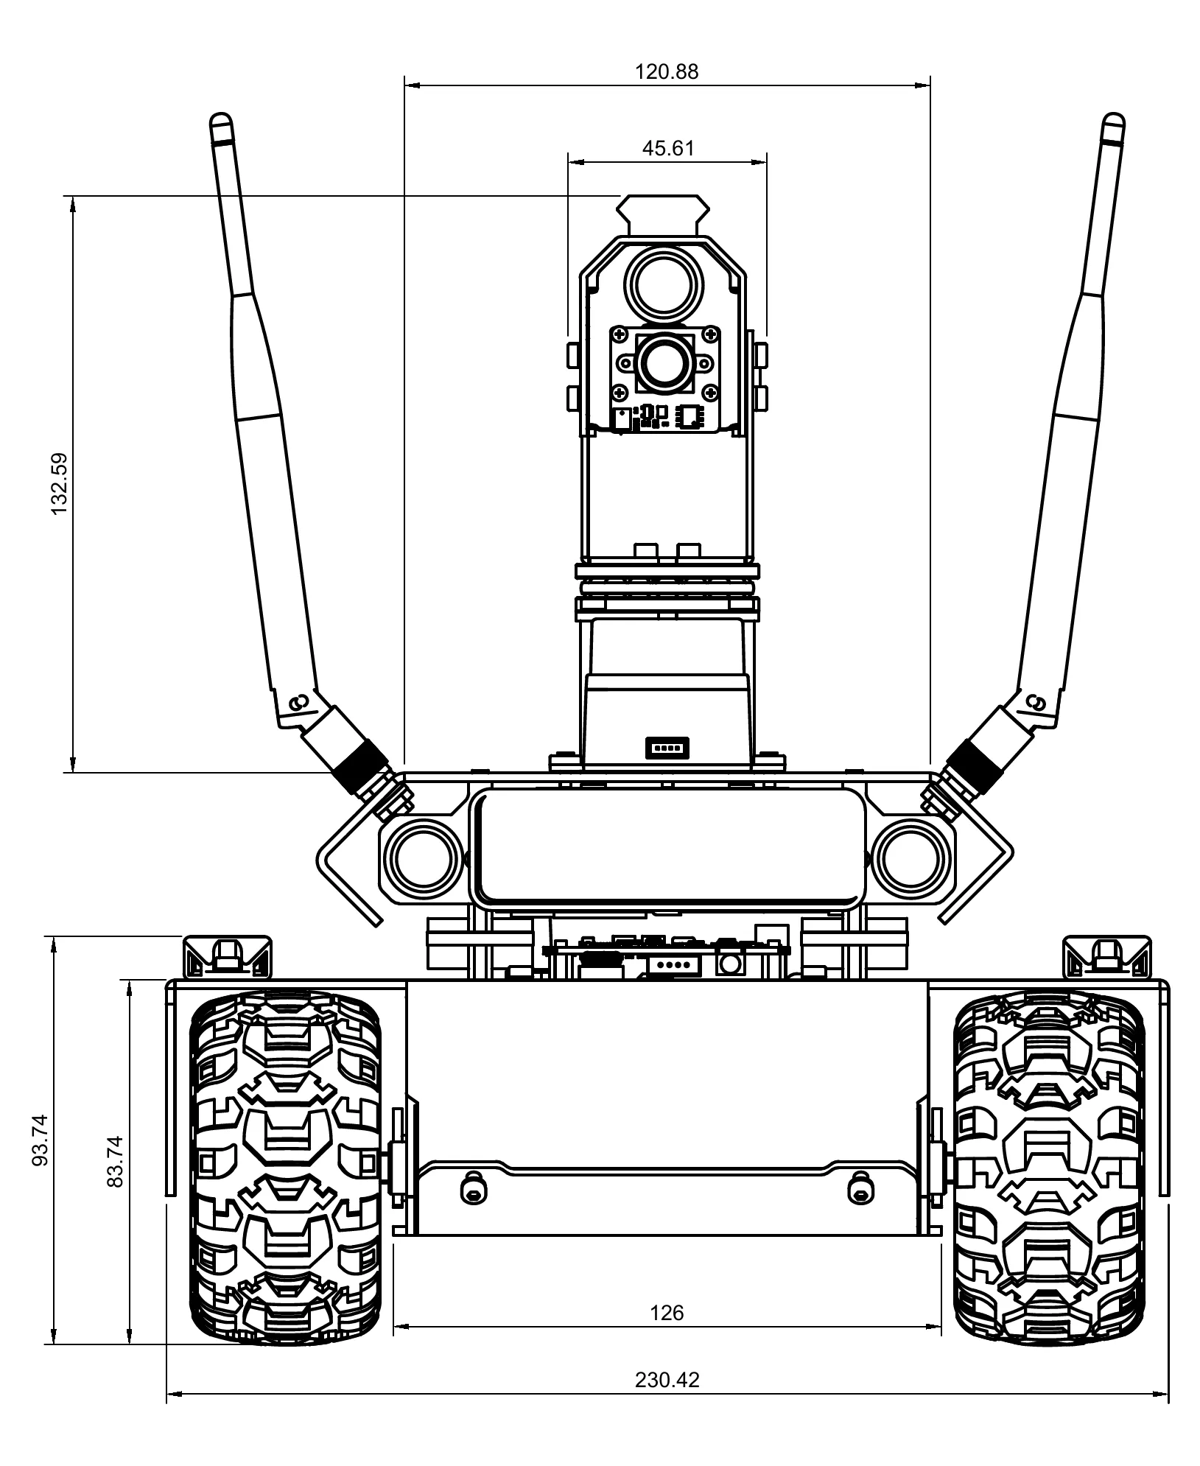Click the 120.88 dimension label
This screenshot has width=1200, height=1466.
[x=667, y=72]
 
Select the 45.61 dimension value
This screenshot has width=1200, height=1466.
[x=667, y=149]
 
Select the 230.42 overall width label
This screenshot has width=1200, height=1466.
[x=667, y=1380]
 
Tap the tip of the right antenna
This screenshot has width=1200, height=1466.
[x=1113, y=114]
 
